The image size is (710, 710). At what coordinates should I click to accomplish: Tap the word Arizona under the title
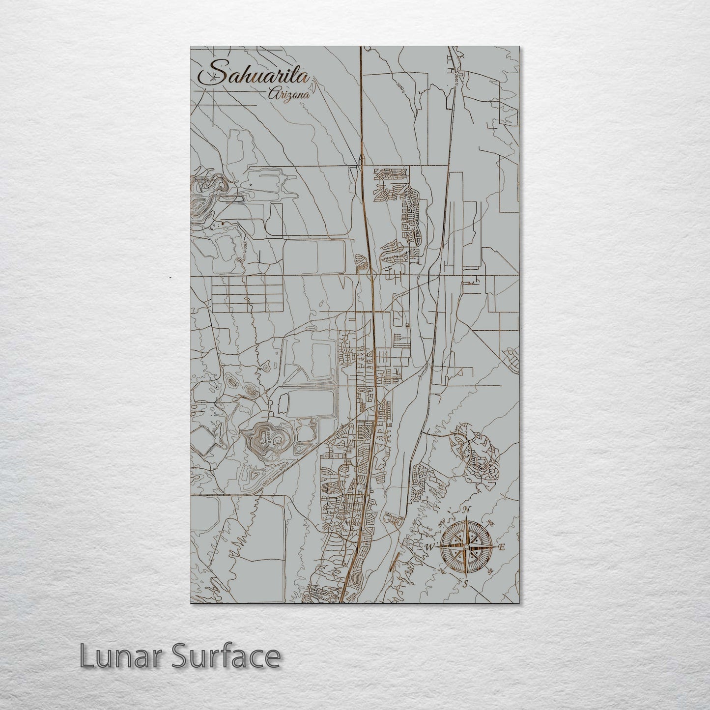pos(289,95)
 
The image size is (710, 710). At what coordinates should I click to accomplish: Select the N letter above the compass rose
pos(469,509)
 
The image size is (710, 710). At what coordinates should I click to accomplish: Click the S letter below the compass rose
pos(465,584)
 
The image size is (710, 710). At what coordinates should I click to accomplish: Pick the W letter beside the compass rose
pos(429,546)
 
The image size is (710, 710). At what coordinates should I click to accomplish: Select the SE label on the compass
pos(489,570)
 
